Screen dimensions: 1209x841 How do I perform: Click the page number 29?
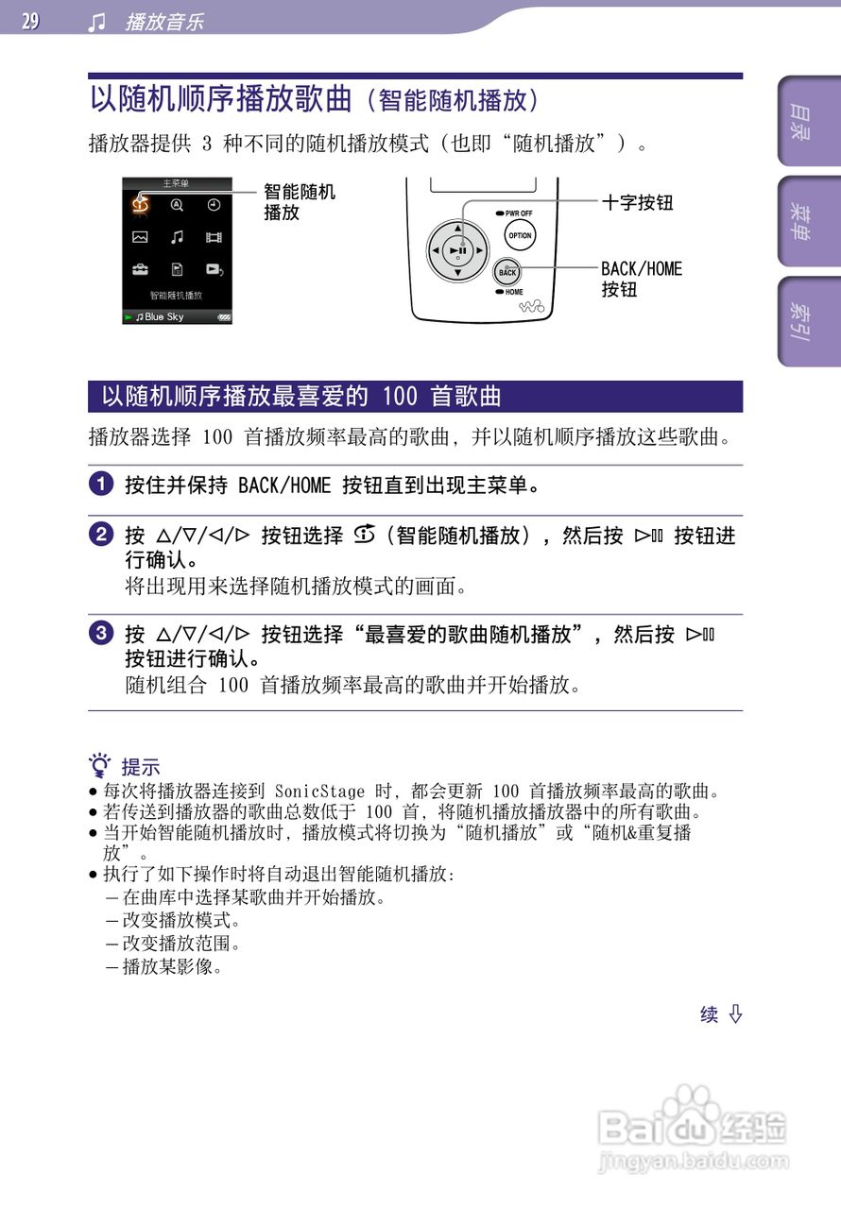[x=30, y=21]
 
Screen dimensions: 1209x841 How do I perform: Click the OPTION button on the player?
[x=520, y=236]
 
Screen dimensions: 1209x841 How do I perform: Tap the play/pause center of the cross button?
[x=457, y=250]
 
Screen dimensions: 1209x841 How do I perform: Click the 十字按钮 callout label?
[x=637, y=202]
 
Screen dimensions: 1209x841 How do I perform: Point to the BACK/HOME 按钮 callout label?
[x=641, y=279]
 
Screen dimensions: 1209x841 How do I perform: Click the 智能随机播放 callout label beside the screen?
[x=299, y=202]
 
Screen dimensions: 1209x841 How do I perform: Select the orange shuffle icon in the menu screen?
[x=141, y=204]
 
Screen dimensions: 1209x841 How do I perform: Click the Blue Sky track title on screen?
[x=164, y=317]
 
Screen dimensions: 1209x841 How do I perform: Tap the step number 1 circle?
[x=99, y=486]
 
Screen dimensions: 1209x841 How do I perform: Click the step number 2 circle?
[x=99, y=536]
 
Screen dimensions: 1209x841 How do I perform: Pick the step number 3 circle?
[x=99, y=635]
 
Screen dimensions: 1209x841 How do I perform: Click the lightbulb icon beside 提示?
[x=100, y=765]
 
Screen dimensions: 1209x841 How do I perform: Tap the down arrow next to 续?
[x=735, y=1014]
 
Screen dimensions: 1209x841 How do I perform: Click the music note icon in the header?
[x=96, y=22]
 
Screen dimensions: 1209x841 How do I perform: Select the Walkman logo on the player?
[x=534, y=304]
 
